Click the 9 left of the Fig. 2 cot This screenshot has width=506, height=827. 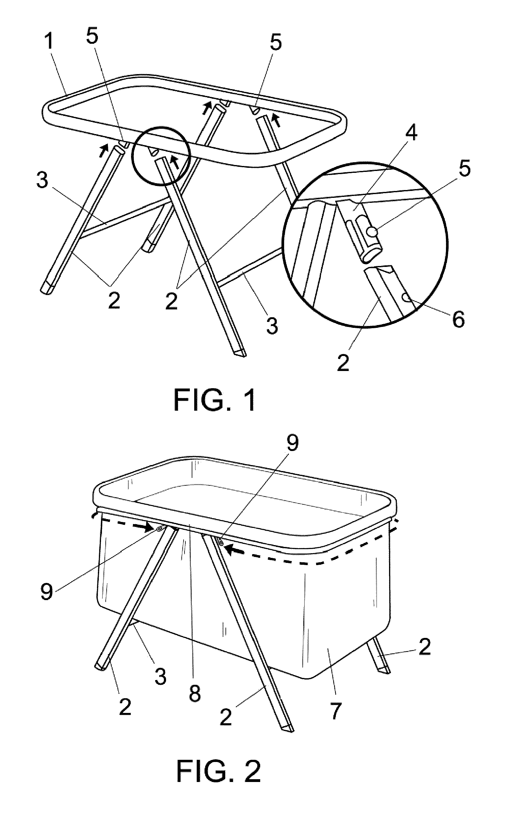tap(47, 591)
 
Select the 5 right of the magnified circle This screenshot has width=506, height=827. tap(464, 168)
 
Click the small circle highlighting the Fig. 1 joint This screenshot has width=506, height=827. tap(161, 155)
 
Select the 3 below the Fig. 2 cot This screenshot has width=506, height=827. tap(160, 676)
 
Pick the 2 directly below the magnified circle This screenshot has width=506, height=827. tap(343, 363)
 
